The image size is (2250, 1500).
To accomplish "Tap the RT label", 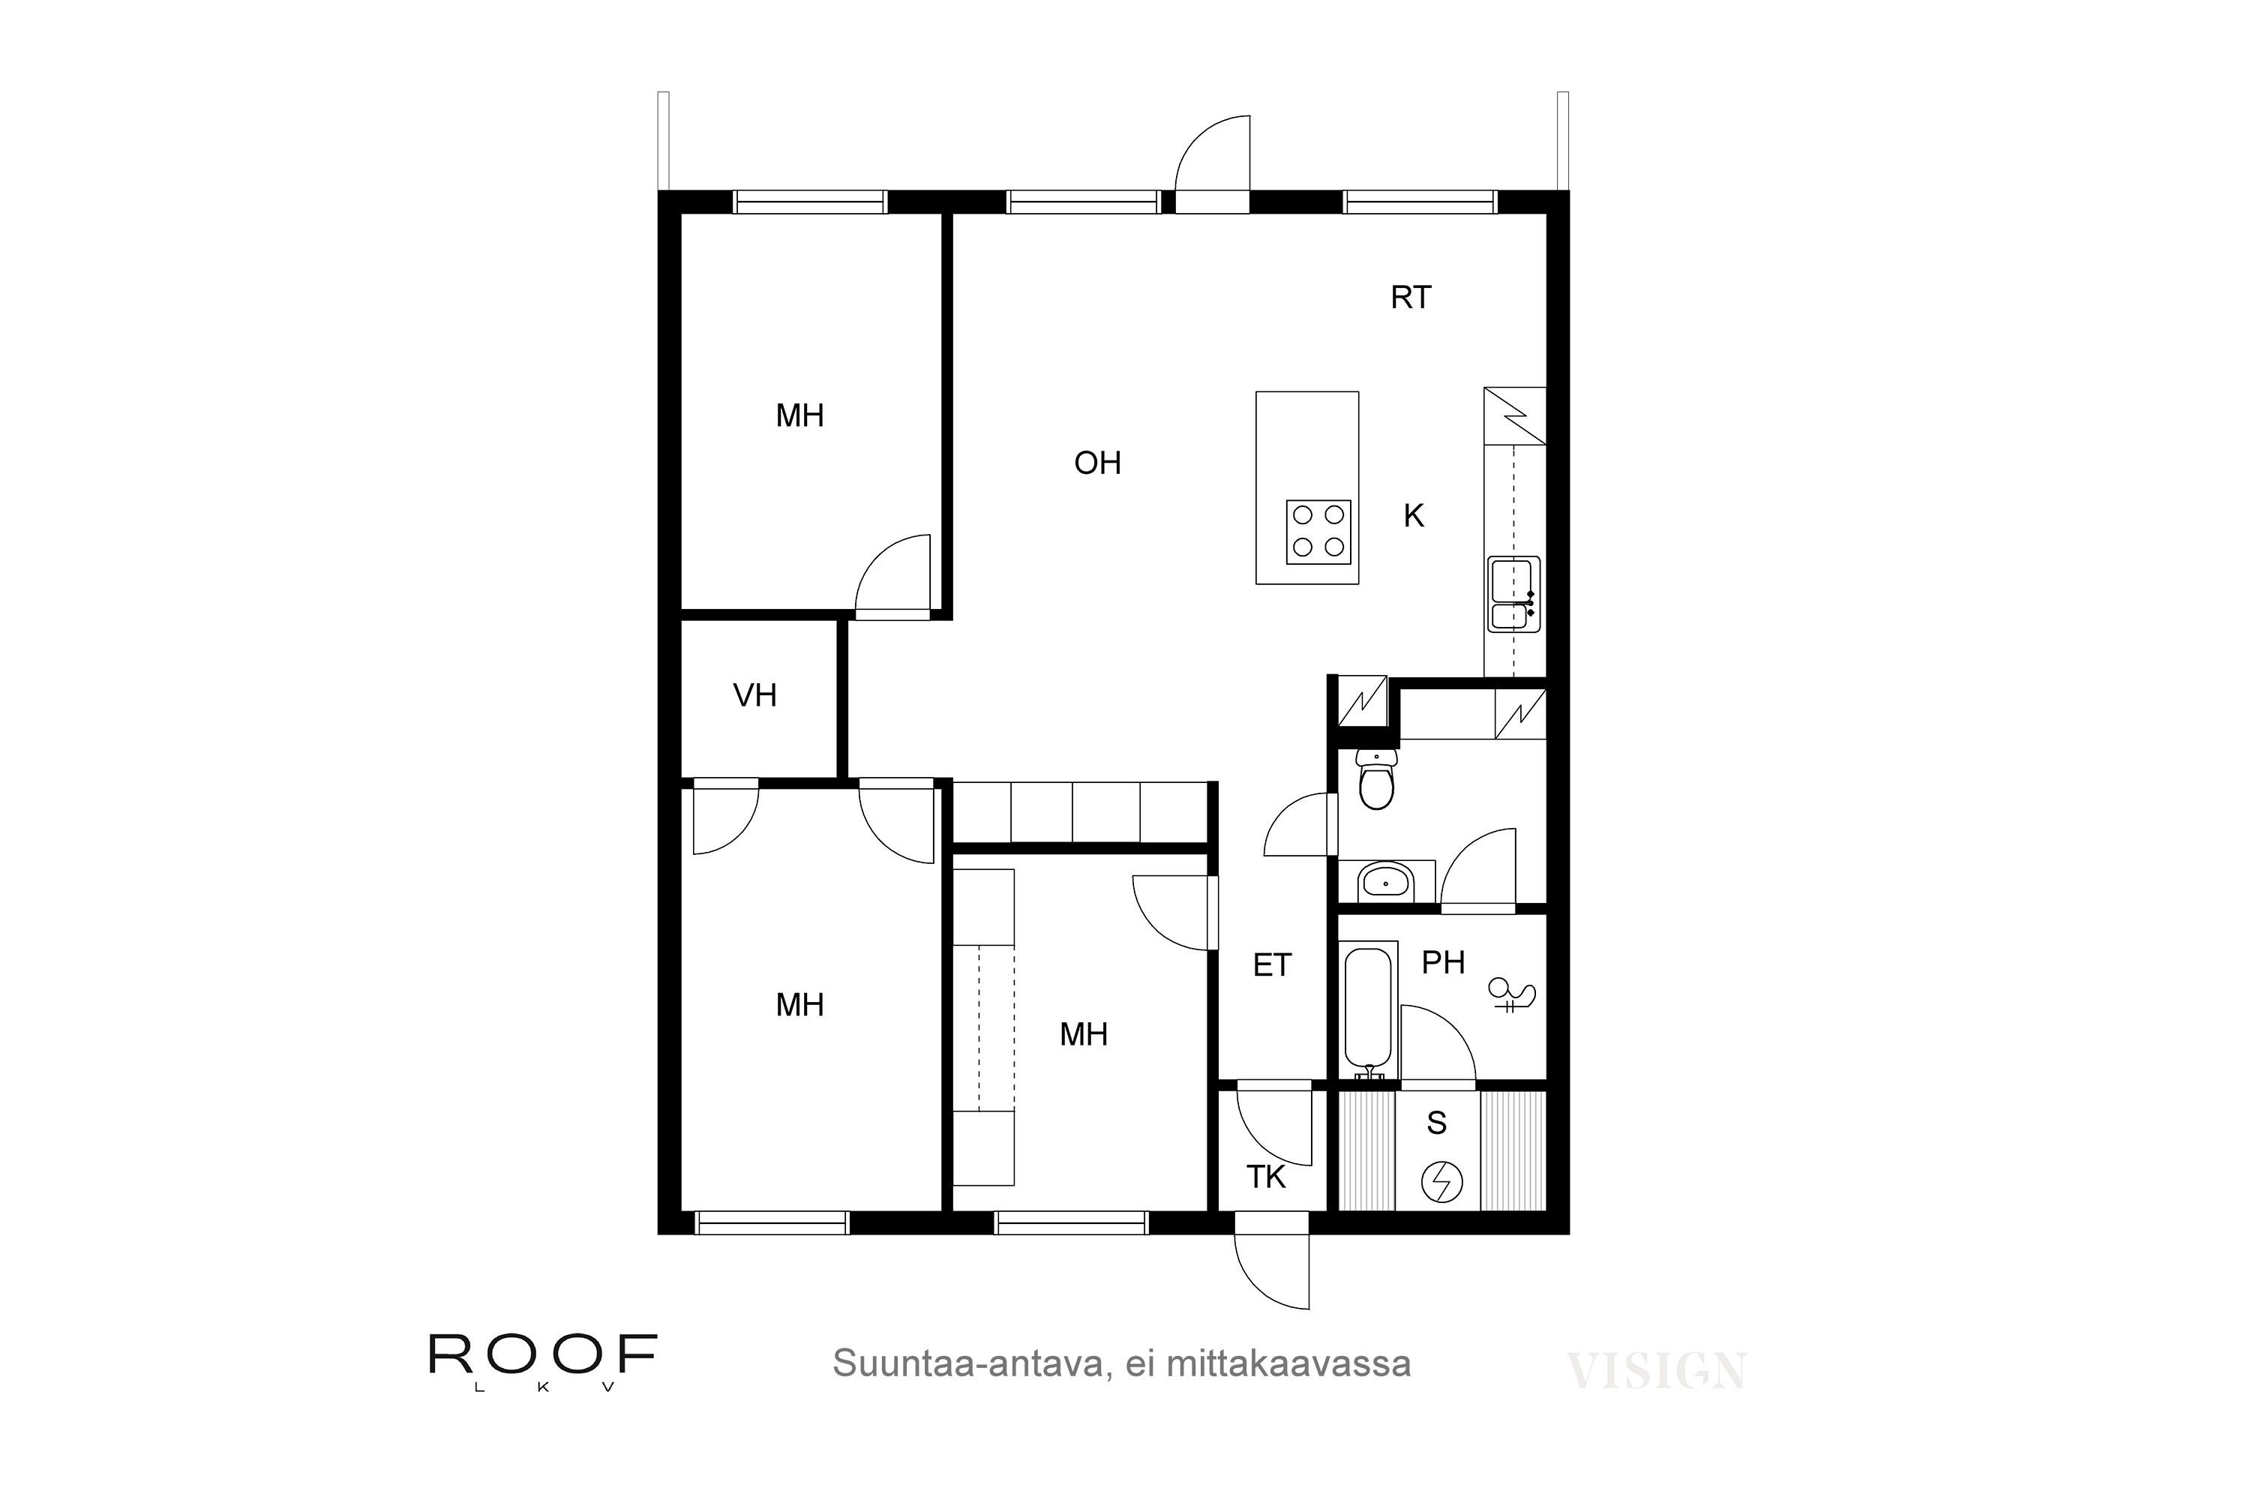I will (x=1411, y=298).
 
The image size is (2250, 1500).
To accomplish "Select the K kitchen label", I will (x=1414, y=517).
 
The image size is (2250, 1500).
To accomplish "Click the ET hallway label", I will (x=1272, y=966).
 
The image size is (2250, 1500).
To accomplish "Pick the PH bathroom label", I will (x=1444, y=962).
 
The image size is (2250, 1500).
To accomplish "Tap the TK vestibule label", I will (x=1267, y=1177).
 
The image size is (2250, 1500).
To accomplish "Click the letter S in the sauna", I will (x=1437, y=1123).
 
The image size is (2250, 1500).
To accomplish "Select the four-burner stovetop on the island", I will (x=1318, y=532).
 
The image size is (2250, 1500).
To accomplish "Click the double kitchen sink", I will (x=1513, y=594).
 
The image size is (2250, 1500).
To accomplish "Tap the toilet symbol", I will (x=1376, y=780).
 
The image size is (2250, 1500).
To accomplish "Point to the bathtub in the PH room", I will (x=1371, y=1014).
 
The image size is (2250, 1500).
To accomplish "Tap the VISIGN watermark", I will (x=1656, y=1371).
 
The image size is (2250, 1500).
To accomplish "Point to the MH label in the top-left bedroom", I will (x=799, y=416).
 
